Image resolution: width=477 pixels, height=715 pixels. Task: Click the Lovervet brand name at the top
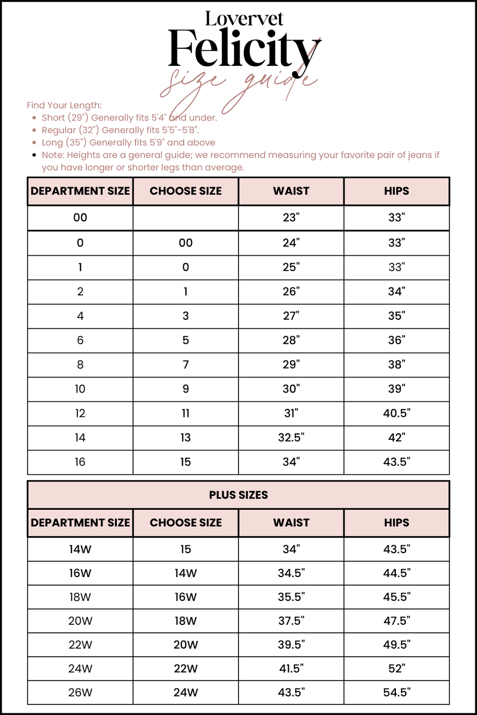[244, 19]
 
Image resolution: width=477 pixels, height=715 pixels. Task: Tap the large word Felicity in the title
[244, 49]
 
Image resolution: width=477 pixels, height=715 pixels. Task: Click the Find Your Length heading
[64, 105]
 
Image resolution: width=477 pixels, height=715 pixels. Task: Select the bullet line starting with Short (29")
[129, 118]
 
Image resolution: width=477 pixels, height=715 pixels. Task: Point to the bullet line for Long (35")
[128, 142]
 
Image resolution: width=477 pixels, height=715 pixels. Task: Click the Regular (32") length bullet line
[120, 130]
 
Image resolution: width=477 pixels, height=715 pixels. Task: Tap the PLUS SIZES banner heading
[238, 495]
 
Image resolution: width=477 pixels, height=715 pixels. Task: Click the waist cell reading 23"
[291, 217]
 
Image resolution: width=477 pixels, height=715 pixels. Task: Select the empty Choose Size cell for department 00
[185, 217]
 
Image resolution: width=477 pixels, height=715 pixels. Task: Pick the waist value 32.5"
[291, 438]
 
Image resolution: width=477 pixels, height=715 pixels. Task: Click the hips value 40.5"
[396, 413]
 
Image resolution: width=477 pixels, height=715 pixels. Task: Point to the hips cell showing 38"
[396, 364]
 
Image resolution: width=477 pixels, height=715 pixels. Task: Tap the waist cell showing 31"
[291, 413]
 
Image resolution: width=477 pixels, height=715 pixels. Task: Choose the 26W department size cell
[80, 692]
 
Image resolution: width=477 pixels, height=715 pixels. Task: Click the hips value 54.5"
[396, 692]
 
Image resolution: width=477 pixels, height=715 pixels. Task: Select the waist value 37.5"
[291, 621]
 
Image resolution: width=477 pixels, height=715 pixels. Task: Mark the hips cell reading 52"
[396, 668]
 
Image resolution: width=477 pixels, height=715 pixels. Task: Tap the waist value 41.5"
[291, 668]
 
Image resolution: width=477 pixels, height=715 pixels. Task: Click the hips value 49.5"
[396, 644]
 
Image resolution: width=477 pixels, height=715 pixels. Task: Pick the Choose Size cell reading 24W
[185, 692]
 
